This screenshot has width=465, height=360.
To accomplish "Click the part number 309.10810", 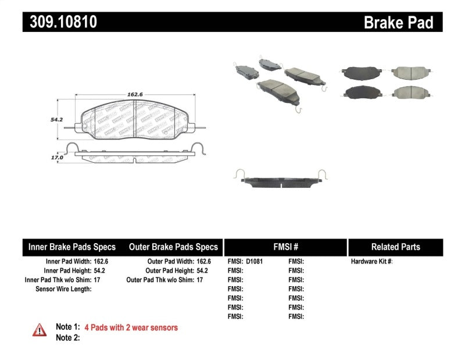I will click(59, 22).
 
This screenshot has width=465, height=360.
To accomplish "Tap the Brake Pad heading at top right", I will click(399, 23).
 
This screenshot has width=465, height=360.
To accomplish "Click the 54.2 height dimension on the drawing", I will click(56, 119).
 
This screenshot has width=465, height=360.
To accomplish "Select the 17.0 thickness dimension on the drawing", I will click(56, 157).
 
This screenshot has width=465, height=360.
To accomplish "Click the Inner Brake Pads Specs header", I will click(72, 247).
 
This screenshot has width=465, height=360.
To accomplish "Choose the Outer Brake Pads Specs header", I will click(173, 247).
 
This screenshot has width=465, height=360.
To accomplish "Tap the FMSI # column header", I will click(285, 247).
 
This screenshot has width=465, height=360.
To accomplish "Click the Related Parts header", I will click(395, 247).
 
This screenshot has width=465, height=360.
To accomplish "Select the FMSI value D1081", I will click(255, 262).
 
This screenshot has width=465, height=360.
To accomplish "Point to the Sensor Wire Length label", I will click(63, 289).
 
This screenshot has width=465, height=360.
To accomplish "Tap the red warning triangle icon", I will click(40, 330).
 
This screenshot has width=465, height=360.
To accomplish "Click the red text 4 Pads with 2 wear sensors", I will click(131, 327).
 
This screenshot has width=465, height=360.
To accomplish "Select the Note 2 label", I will click(67, 337).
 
